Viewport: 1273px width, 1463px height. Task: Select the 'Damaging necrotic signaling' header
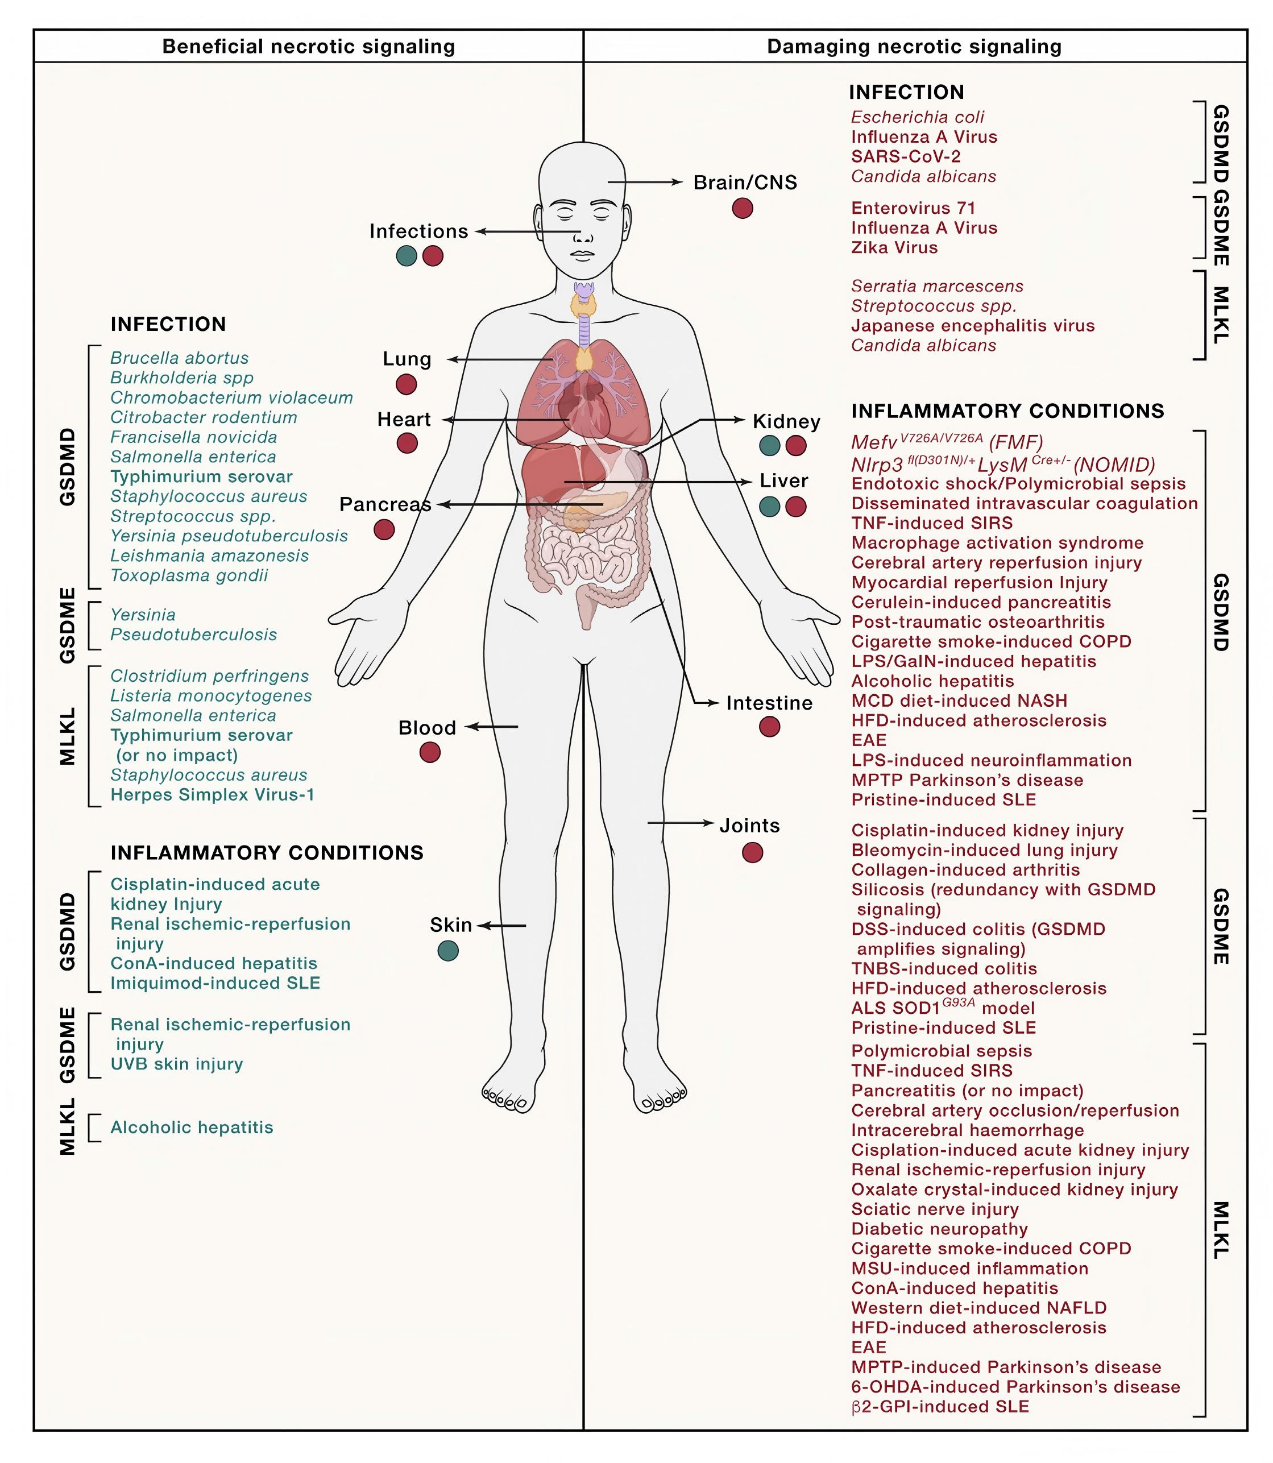pos(914,47)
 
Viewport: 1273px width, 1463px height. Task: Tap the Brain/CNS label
pos(745,183)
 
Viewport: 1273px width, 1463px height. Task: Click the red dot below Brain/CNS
pos(743,208)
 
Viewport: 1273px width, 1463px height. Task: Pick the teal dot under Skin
pos(448,951)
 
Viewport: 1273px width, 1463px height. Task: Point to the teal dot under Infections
pos(407,256)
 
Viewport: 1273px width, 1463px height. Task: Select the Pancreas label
pos(385,504)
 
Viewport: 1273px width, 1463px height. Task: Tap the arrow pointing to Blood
pos(492,727)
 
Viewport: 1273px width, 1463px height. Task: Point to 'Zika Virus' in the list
pos(894,248)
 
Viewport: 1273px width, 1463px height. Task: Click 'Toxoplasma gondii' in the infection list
pos(189,575)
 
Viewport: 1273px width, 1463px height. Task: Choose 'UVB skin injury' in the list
pos(176,1064)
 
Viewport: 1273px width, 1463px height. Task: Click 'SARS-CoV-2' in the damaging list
pos(906,157)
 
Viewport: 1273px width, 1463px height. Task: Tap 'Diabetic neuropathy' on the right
pos(939,1230)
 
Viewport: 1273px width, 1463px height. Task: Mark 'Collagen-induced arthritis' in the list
pos(965,871)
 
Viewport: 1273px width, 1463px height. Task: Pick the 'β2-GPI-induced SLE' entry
pos(940,1407)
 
